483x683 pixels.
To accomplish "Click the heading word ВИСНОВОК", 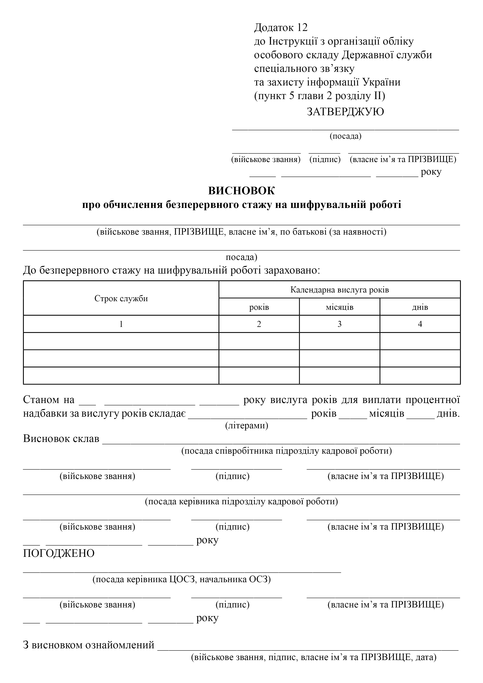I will (241, 191).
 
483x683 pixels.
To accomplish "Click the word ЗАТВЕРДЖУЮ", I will (345, 112).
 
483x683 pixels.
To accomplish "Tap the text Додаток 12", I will (281, 27).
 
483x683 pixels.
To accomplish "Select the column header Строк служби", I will (121, 298).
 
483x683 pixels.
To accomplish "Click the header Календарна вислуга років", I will (339, 290).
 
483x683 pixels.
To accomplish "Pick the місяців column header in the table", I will (339, 307).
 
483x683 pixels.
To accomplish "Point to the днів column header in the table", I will (420, 307).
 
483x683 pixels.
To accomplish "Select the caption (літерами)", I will (247, 425).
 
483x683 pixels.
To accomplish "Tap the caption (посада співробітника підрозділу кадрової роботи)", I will (286, 451).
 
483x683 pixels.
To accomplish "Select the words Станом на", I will (48, 400).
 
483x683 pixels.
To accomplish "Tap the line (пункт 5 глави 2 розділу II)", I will (319, 96).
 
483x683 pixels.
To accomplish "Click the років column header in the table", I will (259, 307).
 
